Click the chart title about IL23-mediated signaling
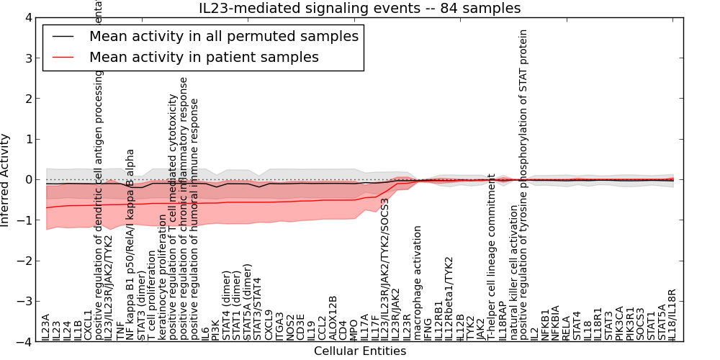coord(360,9)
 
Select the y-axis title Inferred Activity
coord(6,180)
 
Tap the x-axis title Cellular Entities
coord(360,351)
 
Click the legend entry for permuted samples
coord(223,36)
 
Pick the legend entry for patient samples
coord(204,57)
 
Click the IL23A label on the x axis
coord(46,327)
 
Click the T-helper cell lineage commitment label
coord(492,256)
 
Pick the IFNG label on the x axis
coord(428,329)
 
